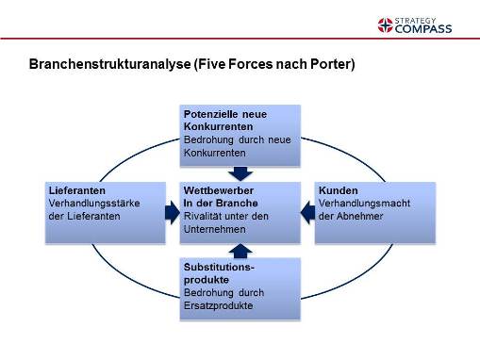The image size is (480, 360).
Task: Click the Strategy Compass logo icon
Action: [x=385, y=24]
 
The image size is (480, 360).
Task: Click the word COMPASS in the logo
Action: [x=423, y=28]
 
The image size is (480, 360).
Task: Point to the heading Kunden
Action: [x=337, y=189]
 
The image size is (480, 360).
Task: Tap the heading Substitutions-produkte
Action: [x=219, y=273]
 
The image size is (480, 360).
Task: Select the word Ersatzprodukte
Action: [x=218, y=304]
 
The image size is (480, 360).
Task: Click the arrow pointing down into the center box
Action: [x=240, y=172]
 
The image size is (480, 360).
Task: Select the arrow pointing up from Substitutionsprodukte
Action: [x=240, y=249]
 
